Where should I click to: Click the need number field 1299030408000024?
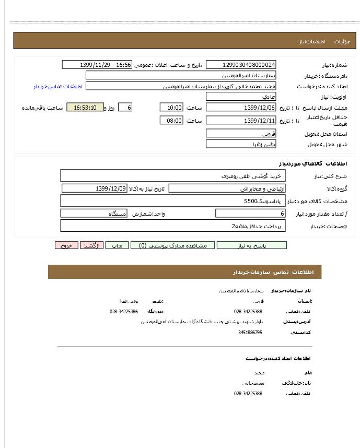241,65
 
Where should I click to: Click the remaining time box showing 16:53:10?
85,108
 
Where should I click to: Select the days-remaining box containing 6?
125,108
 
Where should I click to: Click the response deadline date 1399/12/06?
241,108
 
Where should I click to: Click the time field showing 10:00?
171,108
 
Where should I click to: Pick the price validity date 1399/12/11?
241,121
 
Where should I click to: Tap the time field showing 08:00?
171,121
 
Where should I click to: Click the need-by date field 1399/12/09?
95,188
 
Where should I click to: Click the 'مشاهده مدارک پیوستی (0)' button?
172,245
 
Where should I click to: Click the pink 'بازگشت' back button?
91,245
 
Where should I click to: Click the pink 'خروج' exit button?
66,245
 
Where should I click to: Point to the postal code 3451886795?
250,332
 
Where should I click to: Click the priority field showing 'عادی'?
241,97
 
